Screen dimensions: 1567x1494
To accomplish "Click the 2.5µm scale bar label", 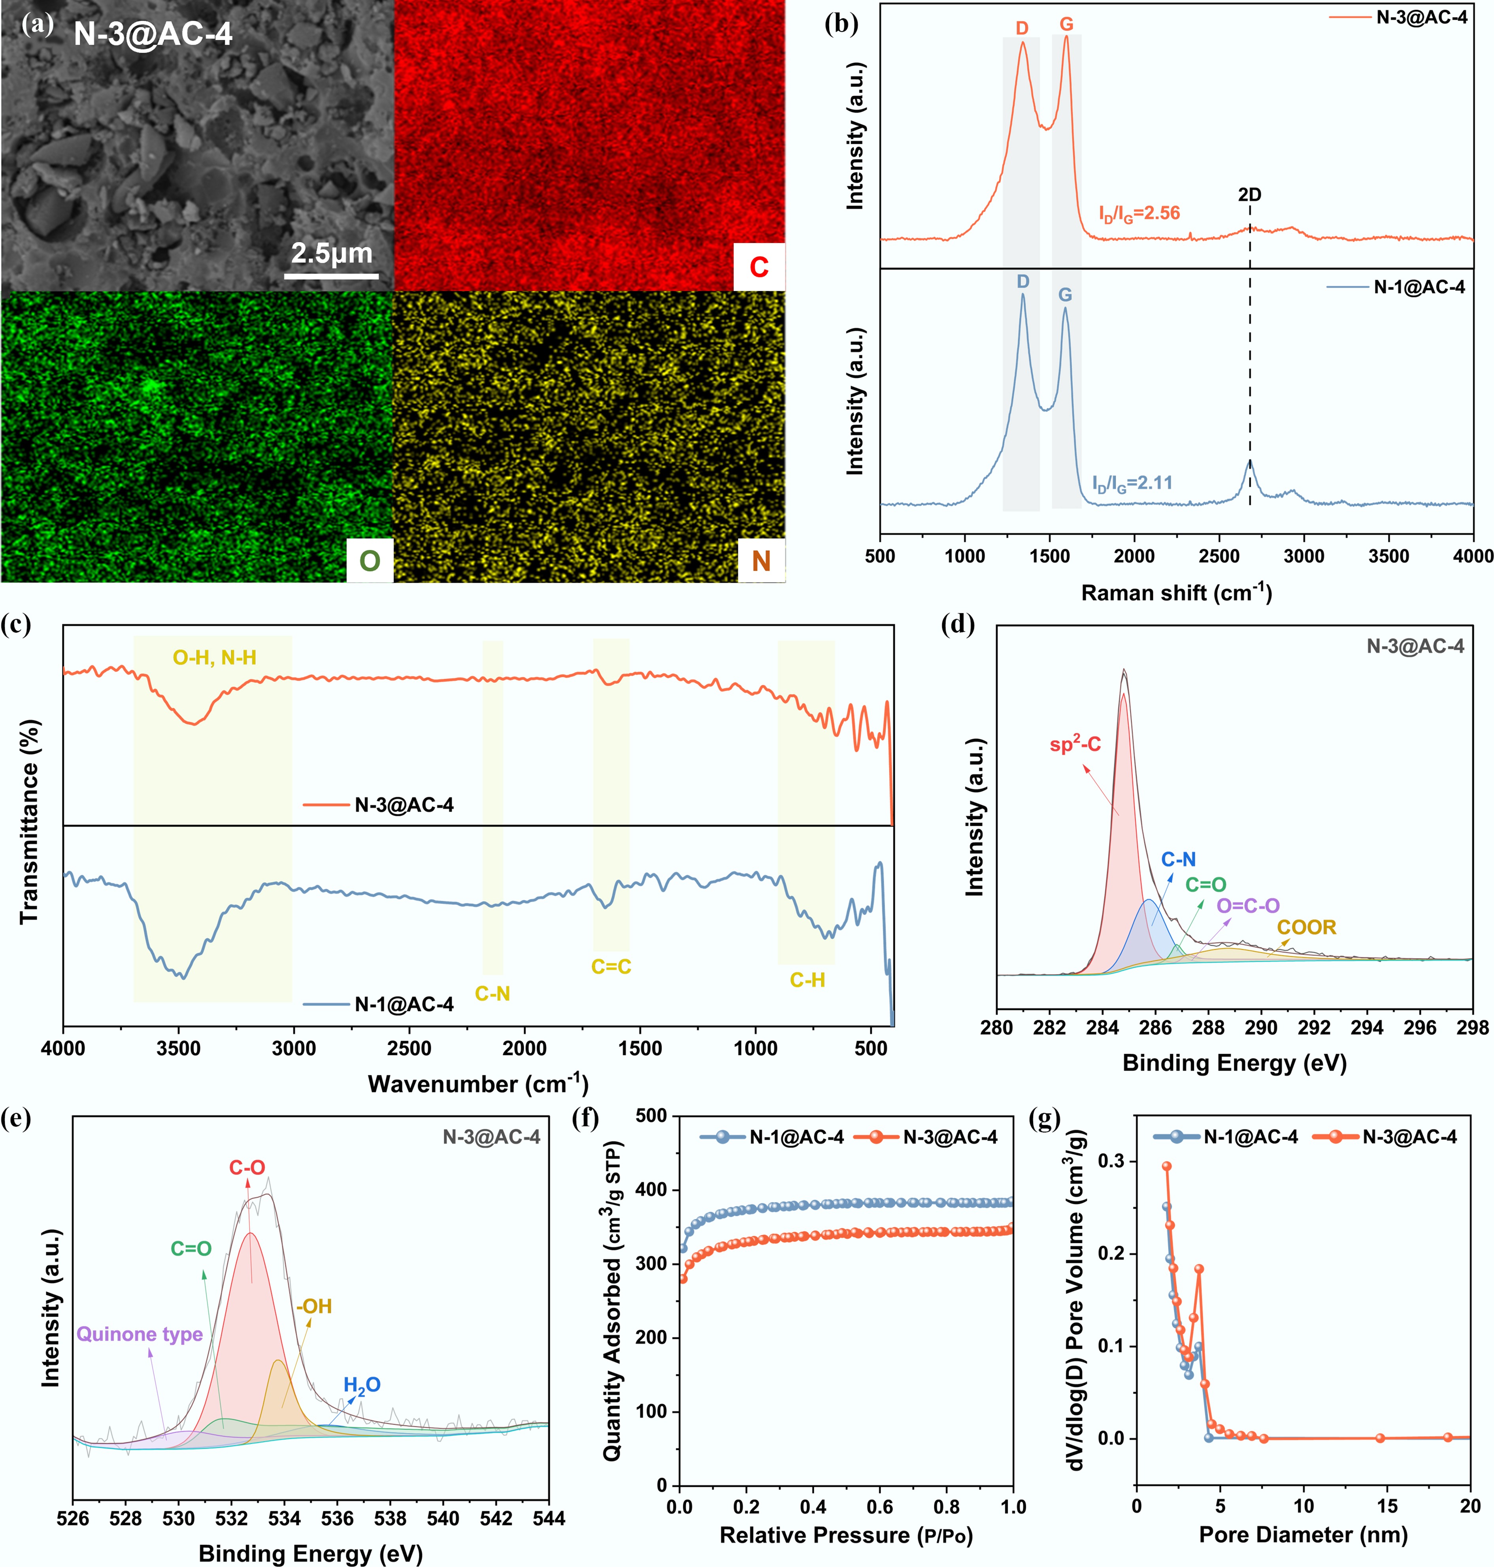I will (331, 253).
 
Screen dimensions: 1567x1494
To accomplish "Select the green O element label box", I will (370, 561).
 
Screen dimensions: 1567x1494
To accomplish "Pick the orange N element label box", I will (760, 561).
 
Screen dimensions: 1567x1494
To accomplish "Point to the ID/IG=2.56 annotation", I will (1139, 213).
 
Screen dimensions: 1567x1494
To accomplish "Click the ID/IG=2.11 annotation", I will (1132, 482).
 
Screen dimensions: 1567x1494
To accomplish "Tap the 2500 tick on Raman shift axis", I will (1219, 556).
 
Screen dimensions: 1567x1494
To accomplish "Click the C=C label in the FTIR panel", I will (611, 967).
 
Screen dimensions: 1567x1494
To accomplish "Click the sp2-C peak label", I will (1075, 744).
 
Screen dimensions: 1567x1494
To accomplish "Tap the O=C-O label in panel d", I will (1248, 905).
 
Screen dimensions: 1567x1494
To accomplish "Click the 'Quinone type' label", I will (140, 1334).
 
